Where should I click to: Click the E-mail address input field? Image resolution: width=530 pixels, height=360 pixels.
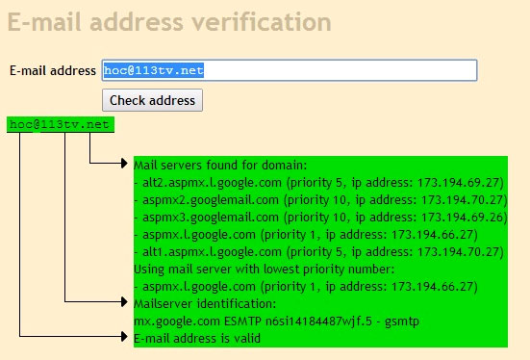pos(290,70)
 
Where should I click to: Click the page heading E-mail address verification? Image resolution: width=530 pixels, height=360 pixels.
pos(169,21)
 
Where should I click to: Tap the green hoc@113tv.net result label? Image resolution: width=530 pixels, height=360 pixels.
pos(60,125)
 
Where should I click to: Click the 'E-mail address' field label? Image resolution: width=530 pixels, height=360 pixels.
pos(53,70)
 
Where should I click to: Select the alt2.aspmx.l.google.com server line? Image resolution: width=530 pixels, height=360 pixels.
pos(318,182)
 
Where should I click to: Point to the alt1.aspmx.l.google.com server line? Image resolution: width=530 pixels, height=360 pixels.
pos(318,251)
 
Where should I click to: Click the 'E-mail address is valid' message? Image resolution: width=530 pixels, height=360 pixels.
pos(196,338)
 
